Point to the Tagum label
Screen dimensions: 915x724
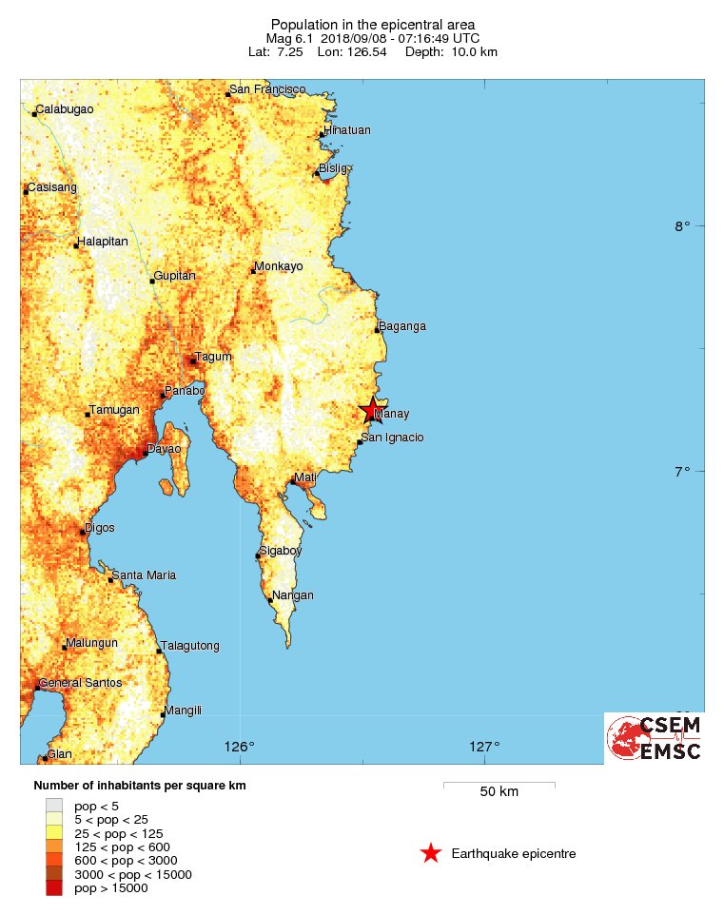coord(213,357)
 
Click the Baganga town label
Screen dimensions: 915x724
coord(402,326)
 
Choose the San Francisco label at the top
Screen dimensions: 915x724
coord(267,89)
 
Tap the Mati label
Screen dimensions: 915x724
coord(305,476)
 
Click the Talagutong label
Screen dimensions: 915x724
coord(190,646)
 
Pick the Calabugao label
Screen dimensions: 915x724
coord(65,109)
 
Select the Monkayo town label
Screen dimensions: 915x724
coord(279,266)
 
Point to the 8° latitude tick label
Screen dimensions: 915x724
coord(682,226)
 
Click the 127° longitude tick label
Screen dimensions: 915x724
coord(484,746)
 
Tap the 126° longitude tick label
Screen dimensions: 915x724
coord(240,746)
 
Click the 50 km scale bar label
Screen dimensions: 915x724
coord(499,792)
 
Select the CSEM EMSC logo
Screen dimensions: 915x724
coord(655,738)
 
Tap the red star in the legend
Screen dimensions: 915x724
coord(431,853)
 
